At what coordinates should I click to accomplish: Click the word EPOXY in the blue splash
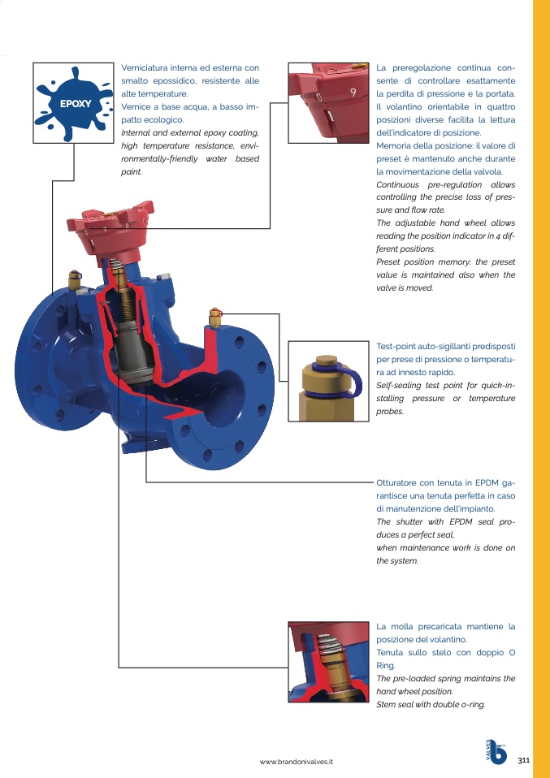coord(76,104)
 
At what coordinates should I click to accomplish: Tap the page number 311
coord(524,760)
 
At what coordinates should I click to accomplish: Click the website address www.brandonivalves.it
coord(297,762)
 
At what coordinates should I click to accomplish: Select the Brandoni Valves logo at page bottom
coord(496,752)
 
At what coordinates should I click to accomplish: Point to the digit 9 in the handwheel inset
coord(353,92)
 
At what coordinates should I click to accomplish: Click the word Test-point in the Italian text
coord(396,346)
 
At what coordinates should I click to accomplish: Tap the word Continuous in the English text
coord(397,184)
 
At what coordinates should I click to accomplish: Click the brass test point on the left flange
coord(75,279)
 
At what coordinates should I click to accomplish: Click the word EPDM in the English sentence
coord(461,522)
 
